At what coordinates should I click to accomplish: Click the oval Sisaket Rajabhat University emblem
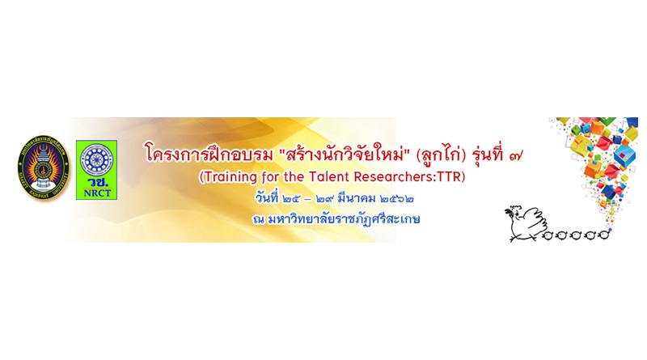[x=44, y=167]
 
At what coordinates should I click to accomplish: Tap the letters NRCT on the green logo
[x=96, y=193]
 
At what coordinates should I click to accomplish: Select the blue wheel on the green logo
[x=96, y=159]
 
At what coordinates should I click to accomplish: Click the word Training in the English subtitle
[x=225, y=176]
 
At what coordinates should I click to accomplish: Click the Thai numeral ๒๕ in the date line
[x=291, y=198]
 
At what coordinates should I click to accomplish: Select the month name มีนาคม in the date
[x=357, y=198]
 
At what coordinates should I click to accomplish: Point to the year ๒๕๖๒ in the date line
[x=396, y=198]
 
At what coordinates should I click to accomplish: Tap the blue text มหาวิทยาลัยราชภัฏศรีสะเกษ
[x=343, y=218]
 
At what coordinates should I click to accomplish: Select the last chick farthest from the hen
[x=603, y=235]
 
